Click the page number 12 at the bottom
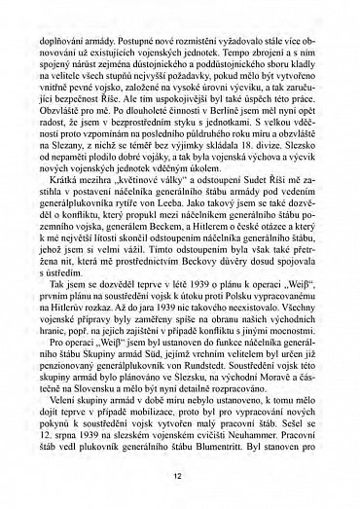tap(179, 476)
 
